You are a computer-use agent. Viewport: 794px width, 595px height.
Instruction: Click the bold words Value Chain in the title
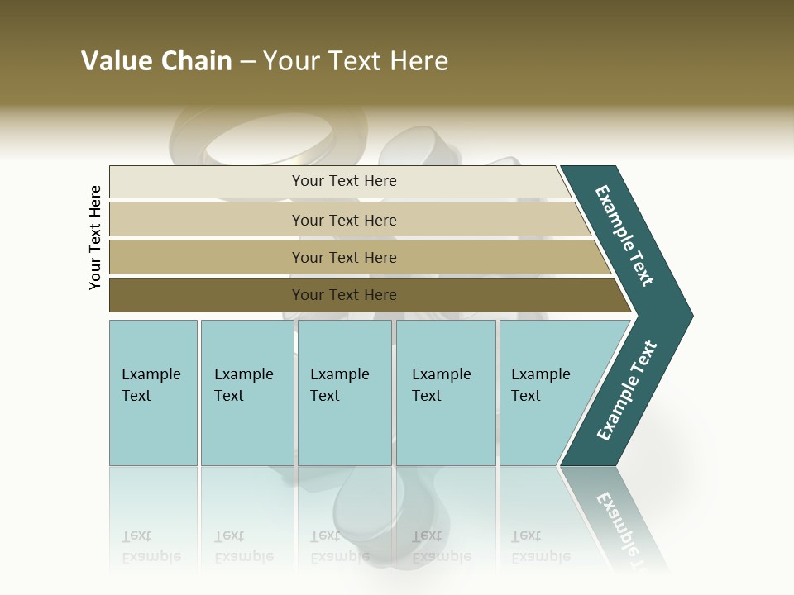click(156, 61)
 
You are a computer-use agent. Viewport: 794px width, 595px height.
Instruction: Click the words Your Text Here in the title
click(356, 61)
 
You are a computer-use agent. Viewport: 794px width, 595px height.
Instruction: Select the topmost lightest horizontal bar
click(343, 181)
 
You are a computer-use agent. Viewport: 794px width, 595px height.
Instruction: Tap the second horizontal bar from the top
click(343, 220)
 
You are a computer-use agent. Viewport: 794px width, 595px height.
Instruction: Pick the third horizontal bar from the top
click(343, 257)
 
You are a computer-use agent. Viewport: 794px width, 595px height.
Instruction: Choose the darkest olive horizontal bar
click(343, 295)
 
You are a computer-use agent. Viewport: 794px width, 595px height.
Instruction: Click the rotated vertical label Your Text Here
click(95, 237)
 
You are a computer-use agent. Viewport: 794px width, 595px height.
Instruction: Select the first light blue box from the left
click(153, 393)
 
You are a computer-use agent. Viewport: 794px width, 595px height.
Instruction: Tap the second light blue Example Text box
click(246, 393)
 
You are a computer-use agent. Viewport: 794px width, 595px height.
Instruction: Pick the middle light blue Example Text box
click(344, 393)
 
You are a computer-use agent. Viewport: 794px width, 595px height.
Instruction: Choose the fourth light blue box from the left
click(446, 393)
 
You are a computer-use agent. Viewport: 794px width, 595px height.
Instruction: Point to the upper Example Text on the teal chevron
click(624, 236)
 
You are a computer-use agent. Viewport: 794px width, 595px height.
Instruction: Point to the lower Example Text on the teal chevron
click(627, 391)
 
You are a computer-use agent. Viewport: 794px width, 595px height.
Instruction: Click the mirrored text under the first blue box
click(151, 546)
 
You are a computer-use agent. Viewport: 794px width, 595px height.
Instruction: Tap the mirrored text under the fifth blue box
click(540, 546)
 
